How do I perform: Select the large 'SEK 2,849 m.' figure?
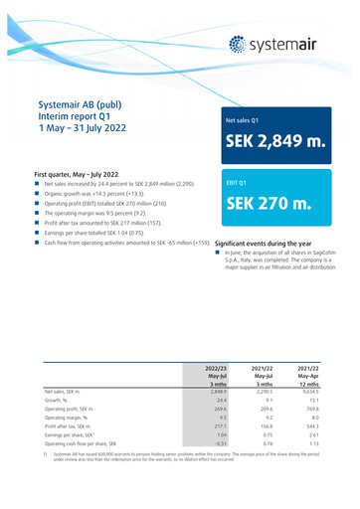(271, 151)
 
